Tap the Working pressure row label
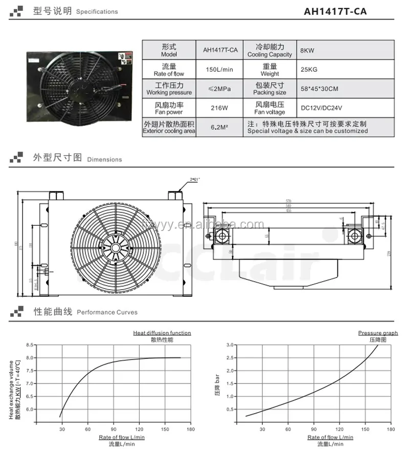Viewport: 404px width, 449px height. pyautogui.click(x=168, y=89)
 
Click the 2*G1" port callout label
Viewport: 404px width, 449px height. pyautogui.click(x=195, y=179)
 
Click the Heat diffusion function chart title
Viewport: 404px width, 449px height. pyautogui.click(x=162, y=333)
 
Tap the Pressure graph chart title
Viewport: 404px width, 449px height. pyautogui.click(x=370, y=333)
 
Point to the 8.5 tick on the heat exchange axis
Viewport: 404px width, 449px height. pyautogui.click(x=29, y=345)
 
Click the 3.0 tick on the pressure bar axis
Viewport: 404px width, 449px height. pyautogui.click(x=230, y=345)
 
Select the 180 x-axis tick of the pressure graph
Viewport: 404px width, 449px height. pyautogui.click(x=391, y=429)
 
